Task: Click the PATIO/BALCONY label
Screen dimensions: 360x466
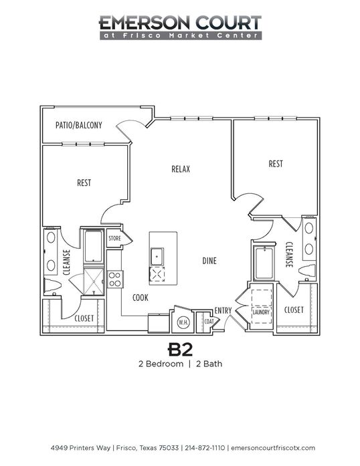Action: click(x=79, y=125)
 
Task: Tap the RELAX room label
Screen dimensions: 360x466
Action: click(x=181, y=169)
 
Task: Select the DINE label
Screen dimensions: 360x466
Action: click(x=209, y=261)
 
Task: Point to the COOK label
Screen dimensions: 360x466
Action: click(x=140, y=298)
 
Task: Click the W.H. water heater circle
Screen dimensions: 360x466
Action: click(x=183, y=322)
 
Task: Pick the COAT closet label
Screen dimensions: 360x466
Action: click(x=209, y=322)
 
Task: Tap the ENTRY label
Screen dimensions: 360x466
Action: click(x=223, y=311)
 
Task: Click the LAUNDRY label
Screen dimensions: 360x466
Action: click(x=261, y=312)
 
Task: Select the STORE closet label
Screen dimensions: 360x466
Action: click(x=114, y=238)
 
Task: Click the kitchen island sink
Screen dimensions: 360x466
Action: click(x=157, y=257)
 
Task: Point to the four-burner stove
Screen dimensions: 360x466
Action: click(x=115, y=279)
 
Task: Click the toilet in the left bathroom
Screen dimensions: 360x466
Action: click(x=53, y=286)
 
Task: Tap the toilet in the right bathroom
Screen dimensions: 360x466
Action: click(x=307, y=271)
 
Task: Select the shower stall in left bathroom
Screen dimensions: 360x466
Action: click(x=94, y=281)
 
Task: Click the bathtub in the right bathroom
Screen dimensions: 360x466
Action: click(x=263, y=263)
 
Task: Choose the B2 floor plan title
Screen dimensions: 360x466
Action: click(x=180, y=350)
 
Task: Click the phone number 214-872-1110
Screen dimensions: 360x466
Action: click(x=205, y=448)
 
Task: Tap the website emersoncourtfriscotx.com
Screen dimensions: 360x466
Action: click(x=273, y=448)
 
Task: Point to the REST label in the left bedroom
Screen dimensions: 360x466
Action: click(x=84, y=183)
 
